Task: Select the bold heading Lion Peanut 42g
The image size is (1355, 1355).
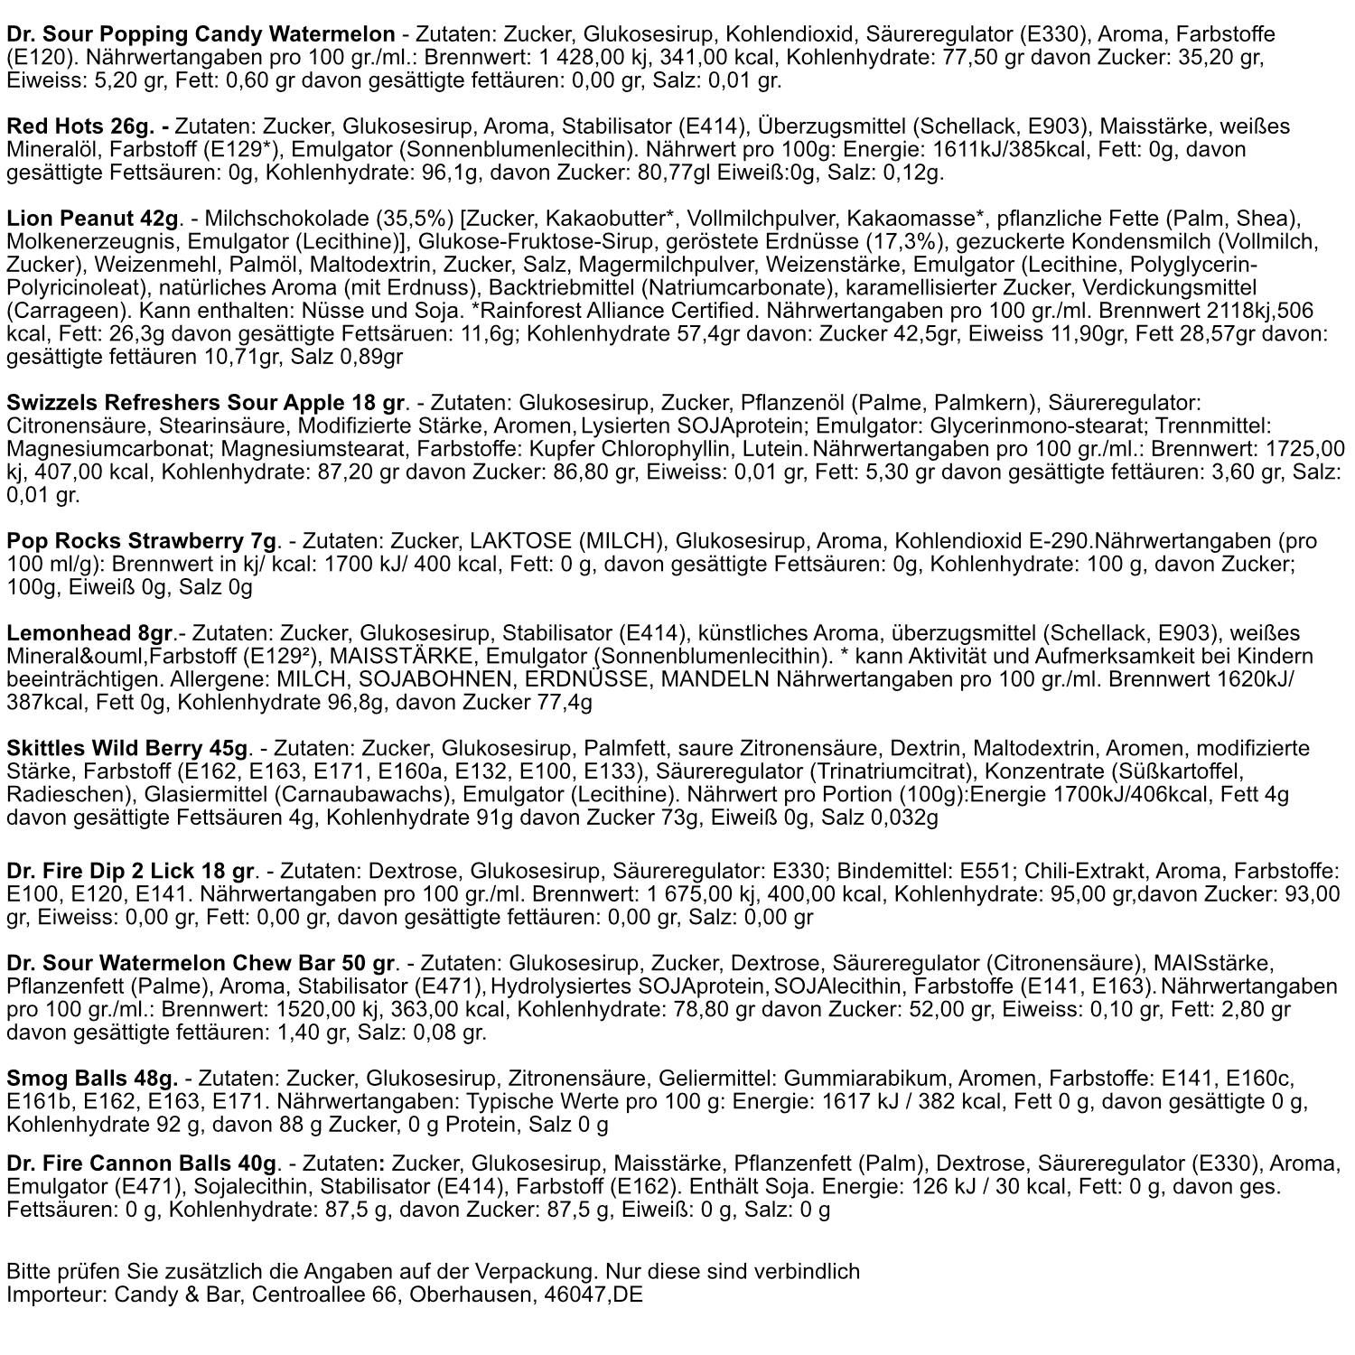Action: click(x=93, y=219)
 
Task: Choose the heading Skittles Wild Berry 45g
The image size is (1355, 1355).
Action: click(x=127, y=749)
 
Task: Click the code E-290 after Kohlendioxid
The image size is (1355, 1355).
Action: click(x=1061, y=541)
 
